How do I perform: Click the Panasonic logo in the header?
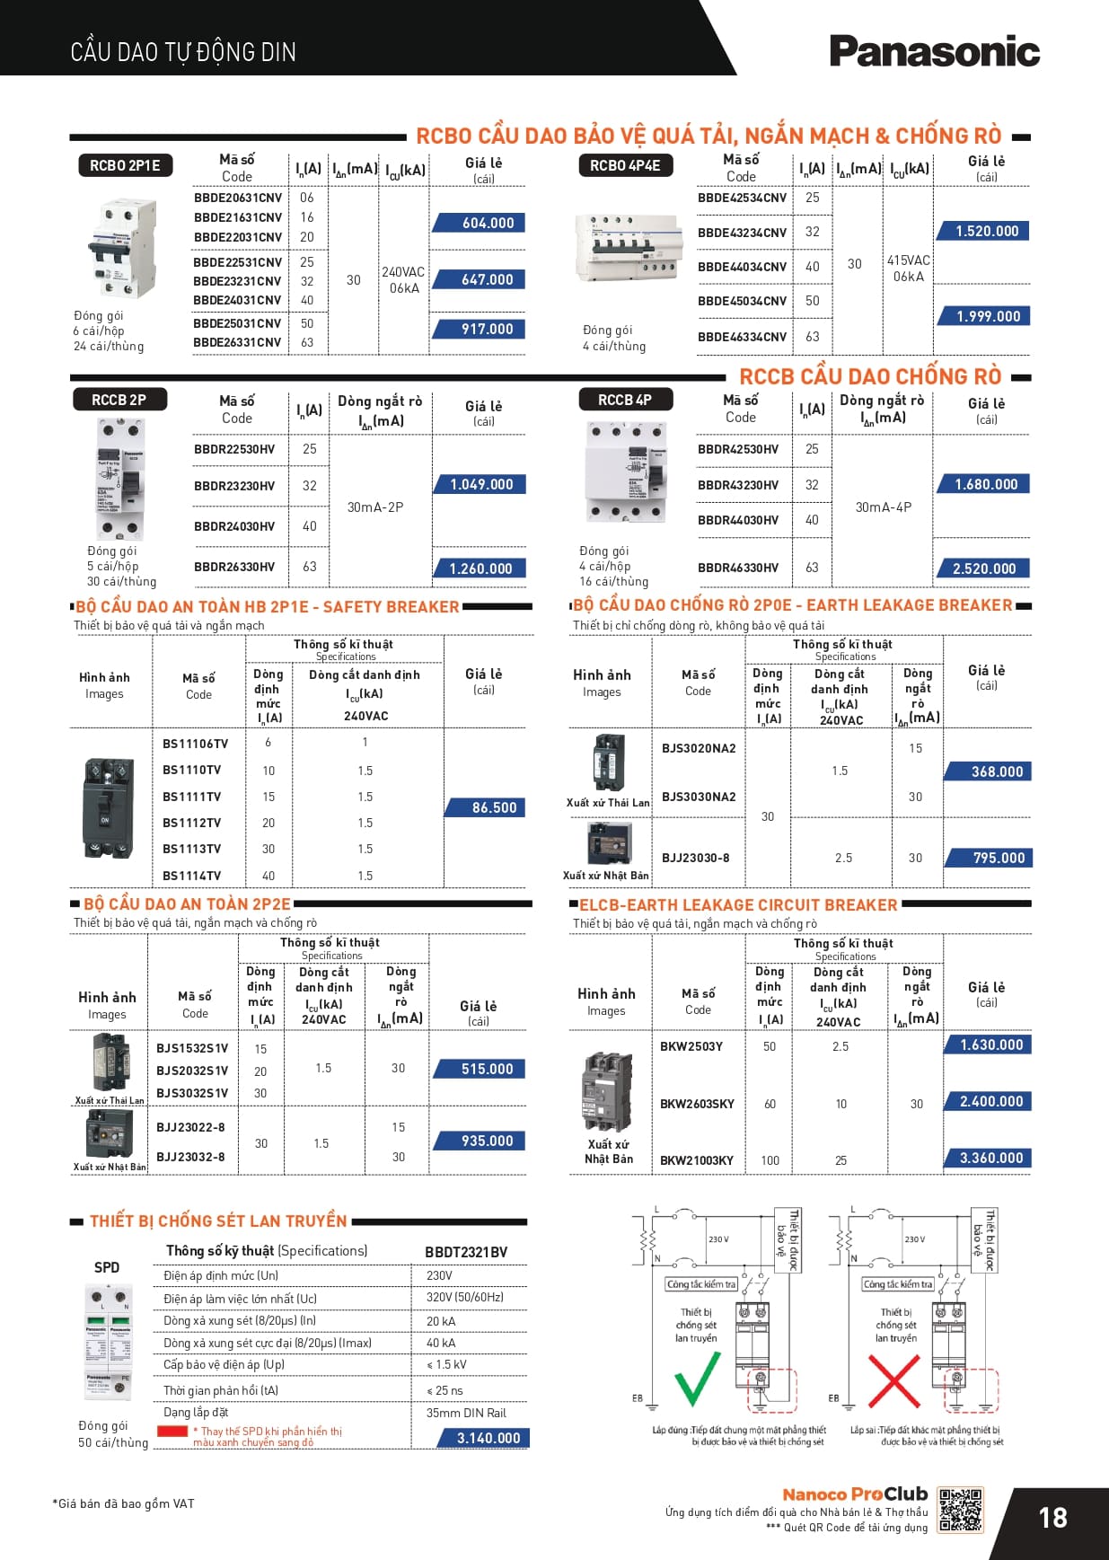pyautogui.click(x=934, y=52)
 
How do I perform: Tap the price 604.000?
pyautogui.click(x=488, y=223)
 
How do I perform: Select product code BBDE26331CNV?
pyautogui.click(x=237, y=342)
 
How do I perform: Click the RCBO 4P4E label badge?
pyautogui.click(x=625, y=165)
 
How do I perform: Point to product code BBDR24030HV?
pyautogui.click(x=234, y=526)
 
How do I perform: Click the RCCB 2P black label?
pyautogui.click(x=119, y=400)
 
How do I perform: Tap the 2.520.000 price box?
pyautogui.click(x=984, y=568)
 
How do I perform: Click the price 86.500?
pyautogui.click(x=494, y=807)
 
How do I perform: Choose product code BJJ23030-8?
pyautogui.click(x=696, y=858)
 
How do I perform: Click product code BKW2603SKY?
pyautogui.click(x=697, y=1104)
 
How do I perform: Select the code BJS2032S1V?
pyautogui.click(x=192, y=1071)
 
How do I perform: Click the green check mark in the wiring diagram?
pyautogui.click(x=697, y=1379)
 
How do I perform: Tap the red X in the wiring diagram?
pyautogui.click(x=893, y=1380)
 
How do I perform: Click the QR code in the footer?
pyautogui.click(x=960, y=1510)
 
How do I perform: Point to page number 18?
pyautogui.click(x=1052, y=1518)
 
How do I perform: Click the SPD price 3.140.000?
pyautogui.click(x=488, y=1438)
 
